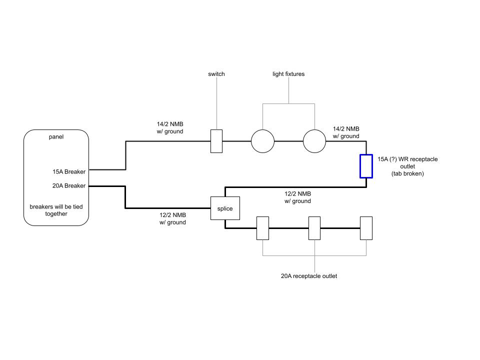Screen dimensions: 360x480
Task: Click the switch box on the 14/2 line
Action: (x=216, y=141)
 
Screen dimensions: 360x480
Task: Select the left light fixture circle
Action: (x=262, y=141)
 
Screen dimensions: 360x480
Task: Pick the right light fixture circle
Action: (x=314, y=141)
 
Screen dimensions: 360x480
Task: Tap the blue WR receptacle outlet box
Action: (x=366, y=166)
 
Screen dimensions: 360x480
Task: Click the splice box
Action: (x=225, y=208)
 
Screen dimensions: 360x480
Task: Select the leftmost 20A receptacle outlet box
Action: (x=262, y=228)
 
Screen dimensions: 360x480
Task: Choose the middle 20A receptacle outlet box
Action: (x=314, y=228)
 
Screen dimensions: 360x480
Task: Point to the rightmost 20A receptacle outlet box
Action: (x=366, y=228)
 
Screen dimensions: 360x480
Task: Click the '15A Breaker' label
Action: (x=69, y=171)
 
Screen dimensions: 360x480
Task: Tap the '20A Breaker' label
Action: (x=69, y=185)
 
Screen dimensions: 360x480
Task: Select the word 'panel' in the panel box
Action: (x=56, y=136)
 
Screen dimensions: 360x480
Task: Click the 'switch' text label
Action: (x=216, y=74)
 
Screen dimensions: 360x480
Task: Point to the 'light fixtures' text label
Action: (x=288, y=74)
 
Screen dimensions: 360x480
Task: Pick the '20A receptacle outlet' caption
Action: (x=309, y=276)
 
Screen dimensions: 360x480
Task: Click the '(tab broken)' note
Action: (x=408, y=174)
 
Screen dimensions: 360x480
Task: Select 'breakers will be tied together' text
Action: (x=56, y=210)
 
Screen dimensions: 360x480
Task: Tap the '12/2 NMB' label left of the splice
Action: (x=172, y=218)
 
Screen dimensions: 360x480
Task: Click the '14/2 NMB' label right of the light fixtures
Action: (x=346, y=132)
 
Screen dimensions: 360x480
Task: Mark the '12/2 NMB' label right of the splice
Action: (x=297, y=197)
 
